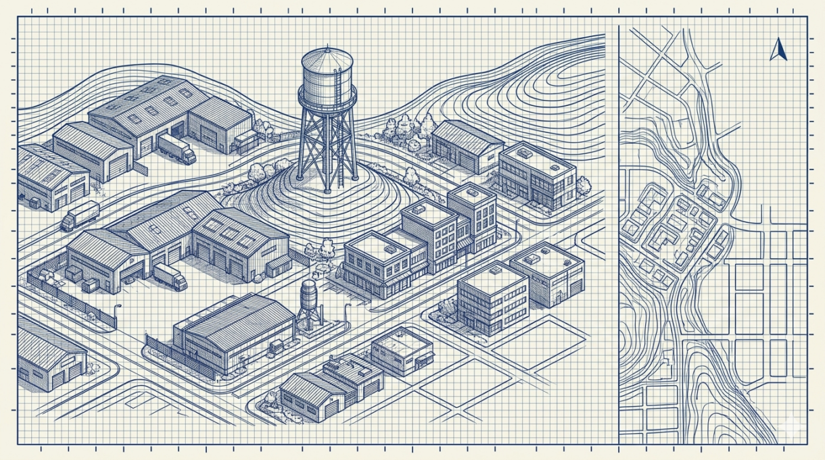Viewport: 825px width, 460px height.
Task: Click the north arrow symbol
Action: [778, 51]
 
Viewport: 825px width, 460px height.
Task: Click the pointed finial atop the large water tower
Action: [327, 47]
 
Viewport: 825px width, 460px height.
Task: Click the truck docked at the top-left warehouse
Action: [177, 149]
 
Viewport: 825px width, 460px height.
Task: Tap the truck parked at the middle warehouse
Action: [170, 276]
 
